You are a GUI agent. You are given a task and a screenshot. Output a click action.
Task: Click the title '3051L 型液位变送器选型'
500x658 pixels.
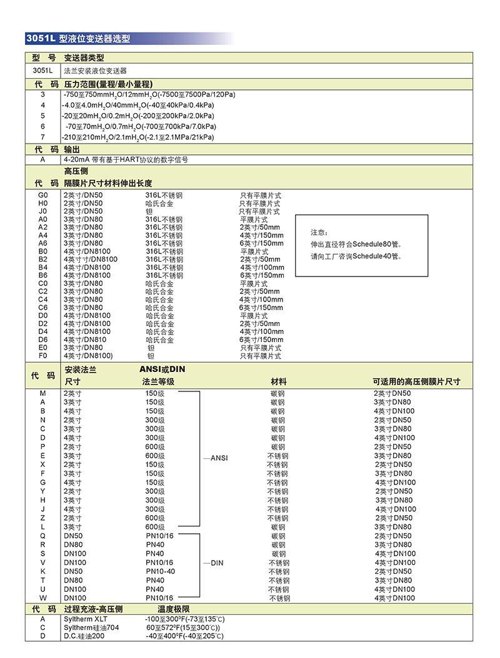tap(78, 39)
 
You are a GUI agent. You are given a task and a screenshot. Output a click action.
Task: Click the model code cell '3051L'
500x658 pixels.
tap(42, 71)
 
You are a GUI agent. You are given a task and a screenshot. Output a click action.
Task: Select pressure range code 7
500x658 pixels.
tap(42, 137)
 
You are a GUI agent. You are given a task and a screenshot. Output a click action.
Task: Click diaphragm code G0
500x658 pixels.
tap(42, 195)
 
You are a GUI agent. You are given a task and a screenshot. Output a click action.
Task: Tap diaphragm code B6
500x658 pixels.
tap(42, 275)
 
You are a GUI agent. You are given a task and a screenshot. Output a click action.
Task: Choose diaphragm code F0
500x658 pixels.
tap(42, 356)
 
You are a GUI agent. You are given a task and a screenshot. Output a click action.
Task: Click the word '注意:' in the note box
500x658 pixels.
tap(319, 232)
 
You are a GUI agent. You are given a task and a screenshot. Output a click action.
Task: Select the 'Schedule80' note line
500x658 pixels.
tap(356, 244)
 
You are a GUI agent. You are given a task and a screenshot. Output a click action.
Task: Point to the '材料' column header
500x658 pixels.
tap(278, 381)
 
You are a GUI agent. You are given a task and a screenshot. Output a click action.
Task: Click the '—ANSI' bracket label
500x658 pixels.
tap(216, 458)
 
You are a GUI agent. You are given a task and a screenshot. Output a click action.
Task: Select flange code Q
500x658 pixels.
tap(42, 536)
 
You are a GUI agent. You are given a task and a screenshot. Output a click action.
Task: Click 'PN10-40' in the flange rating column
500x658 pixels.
tap(161, 571)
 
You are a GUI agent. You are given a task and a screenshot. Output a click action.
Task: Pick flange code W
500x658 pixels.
tap(42, 598)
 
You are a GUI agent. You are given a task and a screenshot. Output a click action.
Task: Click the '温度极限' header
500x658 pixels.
tap(173, 609)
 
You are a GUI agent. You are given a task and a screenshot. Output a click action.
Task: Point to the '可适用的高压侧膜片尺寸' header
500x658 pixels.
tap(416, 381)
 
